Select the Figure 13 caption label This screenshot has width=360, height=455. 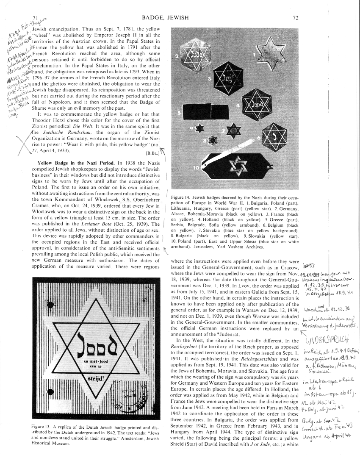(44, 427)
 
